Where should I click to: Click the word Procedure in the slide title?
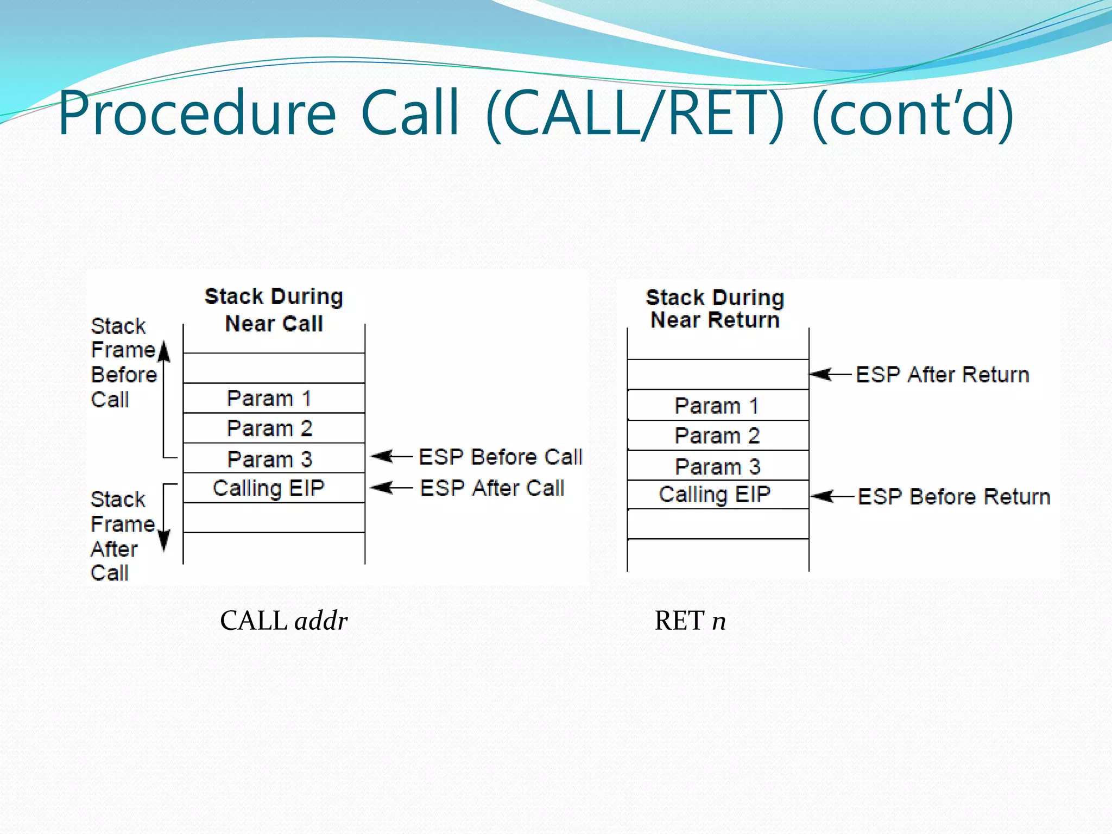click(x=197, y=114)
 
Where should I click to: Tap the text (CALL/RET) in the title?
click(x=635, y=114)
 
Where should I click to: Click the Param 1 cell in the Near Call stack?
click(x=269, y=399)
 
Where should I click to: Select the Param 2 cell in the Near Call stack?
click(x=269, y=428)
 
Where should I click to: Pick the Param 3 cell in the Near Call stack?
click(x=269, y=459)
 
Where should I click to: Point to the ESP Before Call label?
click(x=500, y=457)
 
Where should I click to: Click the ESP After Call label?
click(x=492, y=488)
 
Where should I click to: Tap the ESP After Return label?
click(x=942, y=375)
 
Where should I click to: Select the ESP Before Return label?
click(x=953, y=497)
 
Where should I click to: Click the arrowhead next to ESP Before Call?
click(x=381, y=456)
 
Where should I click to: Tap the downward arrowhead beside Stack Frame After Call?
click(x=164, y=540)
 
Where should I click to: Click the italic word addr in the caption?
click(x=321, y=621)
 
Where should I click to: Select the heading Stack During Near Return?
click(x=715, y=309)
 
